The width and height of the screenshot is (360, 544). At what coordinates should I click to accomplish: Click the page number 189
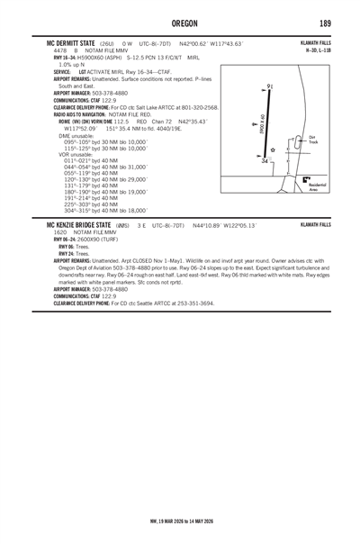pyautogui.click(x=325, y=23)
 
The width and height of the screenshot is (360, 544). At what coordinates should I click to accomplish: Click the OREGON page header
pyautogui.click(x=179, y=23)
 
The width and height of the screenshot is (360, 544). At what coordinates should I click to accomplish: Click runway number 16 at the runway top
pyautogui.click(x=270, y=85)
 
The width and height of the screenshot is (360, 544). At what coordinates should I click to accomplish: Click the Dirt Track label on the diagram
pyautogui.click(x=312, y=141)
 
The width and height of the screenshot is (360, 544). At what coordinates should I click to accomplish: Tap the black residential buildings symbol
pyautogui.click(x=307, y=180)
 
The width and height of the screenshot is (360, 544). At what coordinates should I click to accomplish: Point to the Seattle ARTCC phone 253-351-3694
pyautogui.click(x=188, y=304)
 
